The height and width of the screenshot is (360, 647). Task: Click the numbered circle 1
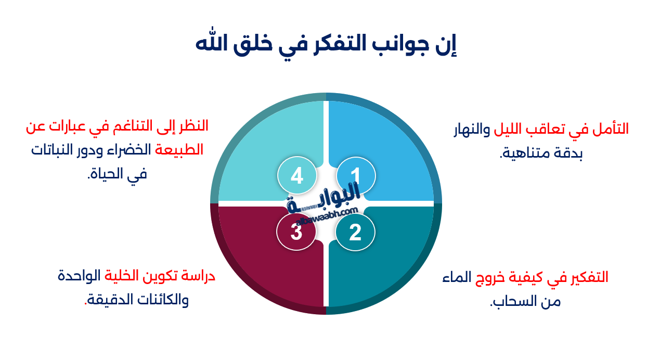click(x=355, y=174)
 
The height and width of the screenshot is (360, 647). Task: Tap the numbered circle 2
click(x=355, y=232)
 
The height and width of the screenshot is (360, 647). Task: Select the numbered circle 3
click(x=296, y=232)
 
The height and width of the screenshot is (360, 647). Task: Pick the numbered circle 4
click(x=297, y=175)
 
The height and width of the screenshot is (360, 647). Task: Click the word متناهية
click(x=527, y=153)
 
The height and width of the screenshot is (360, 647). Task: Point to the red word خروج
click(x=495, y=277)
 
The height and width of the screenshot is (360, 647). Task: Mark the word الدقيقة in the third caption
click(x=109, y=300)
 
